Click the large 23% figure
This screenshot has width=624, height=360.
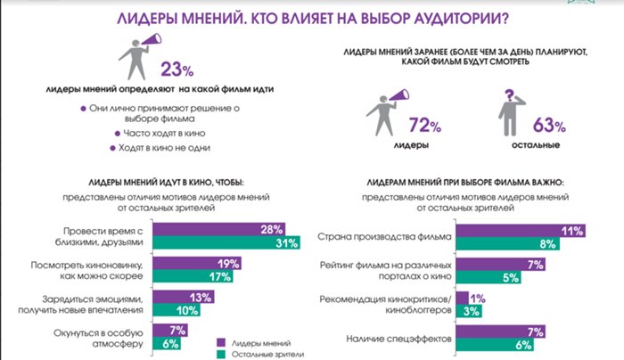[177, 70]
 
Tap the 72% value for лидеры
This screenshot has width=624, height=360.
[425, 126]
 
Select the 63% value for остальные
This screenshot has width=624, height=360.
[549, 126]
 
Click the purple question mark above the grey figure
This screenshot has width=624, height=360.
[509, 95]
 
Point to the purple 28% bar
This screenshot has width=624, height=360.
[219, 230]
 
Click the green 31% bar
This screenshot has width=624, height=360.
[226, 242]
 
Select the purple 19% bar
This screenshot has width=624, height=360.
[197, 264]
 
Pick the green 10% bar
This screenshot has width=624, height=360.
[177, 310]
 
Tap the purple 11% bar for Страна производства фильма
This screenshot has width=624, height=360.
[521, 231]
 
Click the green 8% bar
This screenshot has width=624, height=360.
[508, 244]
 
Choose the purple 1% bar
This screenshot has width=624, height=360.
[463, 299]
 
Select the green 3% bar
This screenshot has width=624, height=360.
[469, 311]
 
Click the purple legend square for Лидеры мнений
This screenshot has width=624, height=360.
[221, 343]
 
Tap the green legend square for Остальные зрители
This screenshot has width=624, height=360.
[221, 355]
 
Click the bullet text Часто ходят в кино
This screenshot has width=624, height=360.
[164, 134]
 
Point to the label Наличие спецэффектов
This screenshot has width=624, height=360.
[398, 339]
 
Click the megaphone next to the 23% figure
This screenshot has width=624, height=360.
[152, 40]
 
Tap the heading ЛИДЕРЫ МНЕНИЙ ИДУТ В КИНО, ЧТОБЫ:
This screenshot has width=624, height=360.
[166, 183]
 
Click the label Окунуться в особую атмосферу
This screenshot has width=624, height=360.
[98, 339]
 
